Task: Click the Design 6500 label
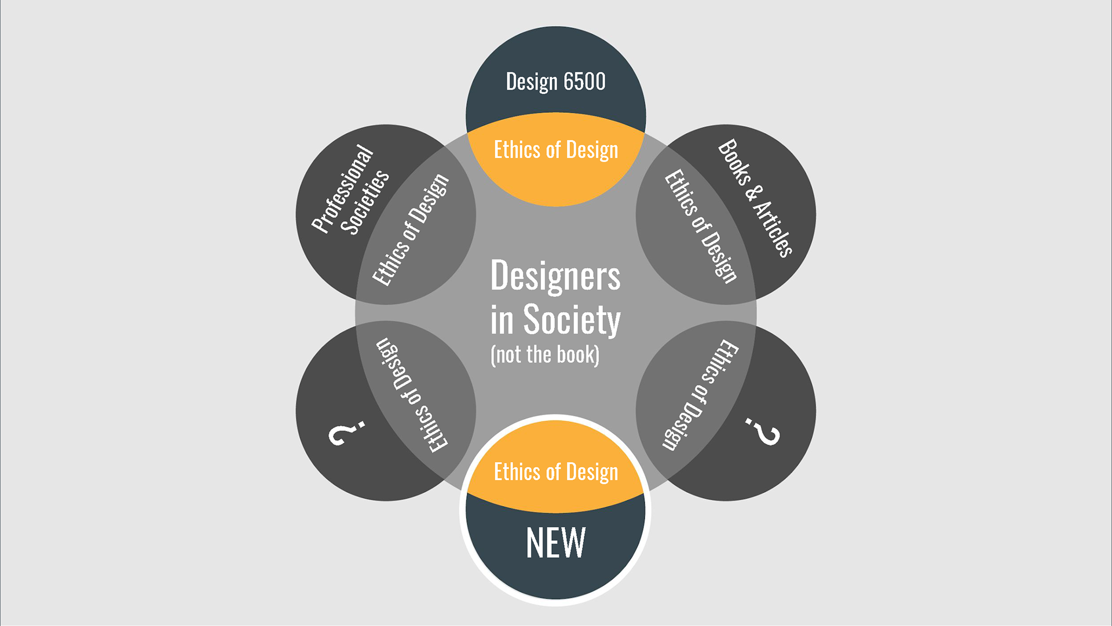coord(555,82)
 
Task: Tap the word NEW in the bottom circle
coord(555,543)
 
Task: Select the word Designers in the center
coord(555,276)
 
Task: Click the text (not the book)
coord(544,354)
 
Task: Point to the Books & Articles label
coord(755,198)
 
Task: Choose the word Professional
coord(342,189)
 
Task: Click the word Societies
coord(365,202)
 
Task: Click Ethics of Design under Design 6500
coord(555,150)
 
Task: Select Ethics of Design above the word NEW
coord(555,472)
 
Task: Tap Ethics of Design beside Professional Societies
coord(411,230)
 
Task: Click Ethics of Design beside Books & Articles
coord(700,226)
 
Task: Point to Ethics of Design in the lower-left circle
coord(411,395)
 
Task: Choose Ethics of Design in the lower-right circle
coord(701,395)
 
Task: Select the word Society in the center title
coord(572,320)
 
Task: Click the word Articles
coord(773,228)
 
